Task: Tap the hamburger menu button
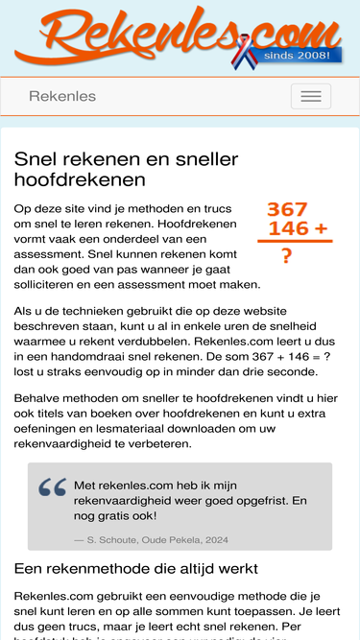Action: coord(310,96)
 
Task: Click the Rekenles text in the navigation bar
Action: coord(62,96)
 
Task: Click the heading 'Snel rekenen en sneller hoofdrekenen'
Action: coord(127,169)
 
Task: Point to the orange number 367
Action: coord(287,209)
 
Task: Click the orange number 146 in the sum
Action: coord(288,228)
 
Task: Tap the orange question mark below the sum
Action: coord(286,256)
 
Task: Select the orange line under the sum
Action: coord(294,242)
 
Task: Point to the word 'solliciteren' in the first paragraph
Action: coord(54,284)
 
